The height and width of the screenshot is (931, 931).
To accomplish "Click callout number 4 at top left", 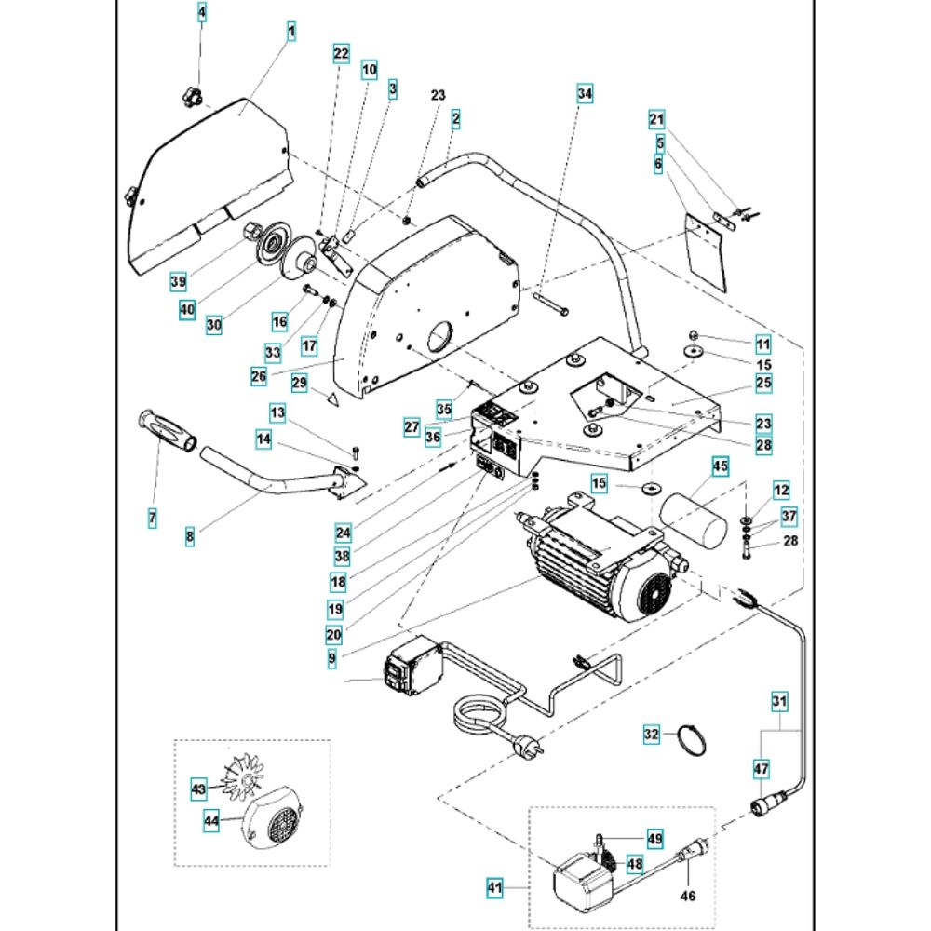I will [x=202, y=13].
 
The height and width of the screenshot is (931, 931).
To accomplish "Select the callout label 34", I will [x=584, y=93].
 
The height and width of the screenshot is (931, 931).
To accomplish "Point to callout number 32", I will [x=652, y=735].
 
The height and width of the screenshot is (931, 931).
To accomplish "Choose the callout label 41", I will [x=493, y=889].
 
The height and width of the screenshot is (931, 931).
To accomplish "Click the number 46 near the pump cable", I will [x=687, y=897].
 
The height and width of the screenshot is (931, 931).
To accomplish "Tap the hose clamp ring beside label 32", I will [x=690, y=738].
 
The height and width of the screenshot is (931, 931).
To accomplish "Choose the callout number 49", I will [x=655, y=839].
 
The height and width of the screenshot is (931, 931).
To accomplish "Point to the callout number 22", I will [x=341, y=54].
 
